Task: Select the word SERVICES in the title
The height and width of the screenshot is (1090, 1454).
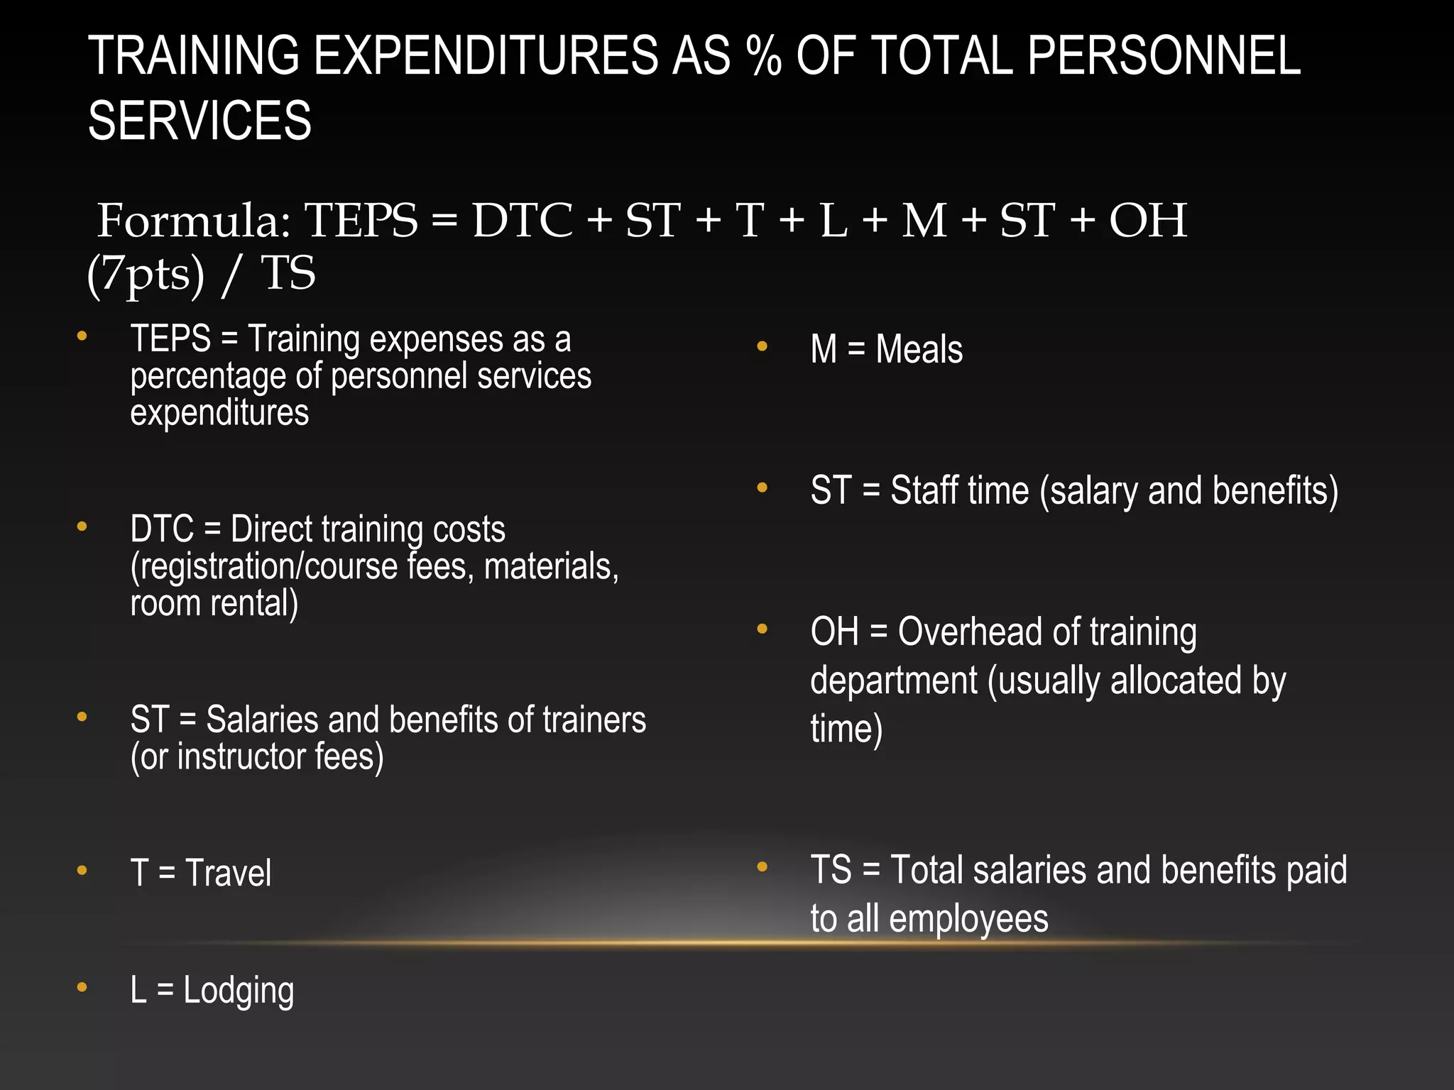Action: click(199, 121)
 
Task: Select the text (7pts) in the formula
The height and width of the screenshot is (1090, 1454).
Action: click(146, 274)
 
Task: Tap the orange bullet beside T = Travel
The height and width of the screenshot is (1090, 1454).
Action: click(82, 870)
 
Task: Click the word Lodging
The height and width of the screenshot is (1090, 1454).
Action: click(239, 991)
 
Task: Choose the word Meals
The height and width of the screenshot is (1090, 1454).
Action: click(919, 349)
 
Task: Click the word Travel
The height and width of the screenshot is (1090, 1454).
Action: click(228, 873)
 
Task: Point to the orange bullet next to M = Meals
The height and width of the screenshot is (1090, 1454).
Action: click(762, 347)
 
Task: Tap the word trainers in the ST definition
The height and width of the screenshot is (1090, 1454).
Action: click(594, 720)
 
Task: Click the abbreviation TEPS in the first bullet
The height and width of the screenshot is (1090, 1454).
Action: click(170, 338)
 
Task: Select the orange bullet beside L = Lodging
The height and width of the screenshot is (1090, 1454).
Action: click(82, 987)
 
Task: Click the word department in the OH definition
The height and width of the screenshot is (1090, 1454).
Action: click(893, 681)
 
